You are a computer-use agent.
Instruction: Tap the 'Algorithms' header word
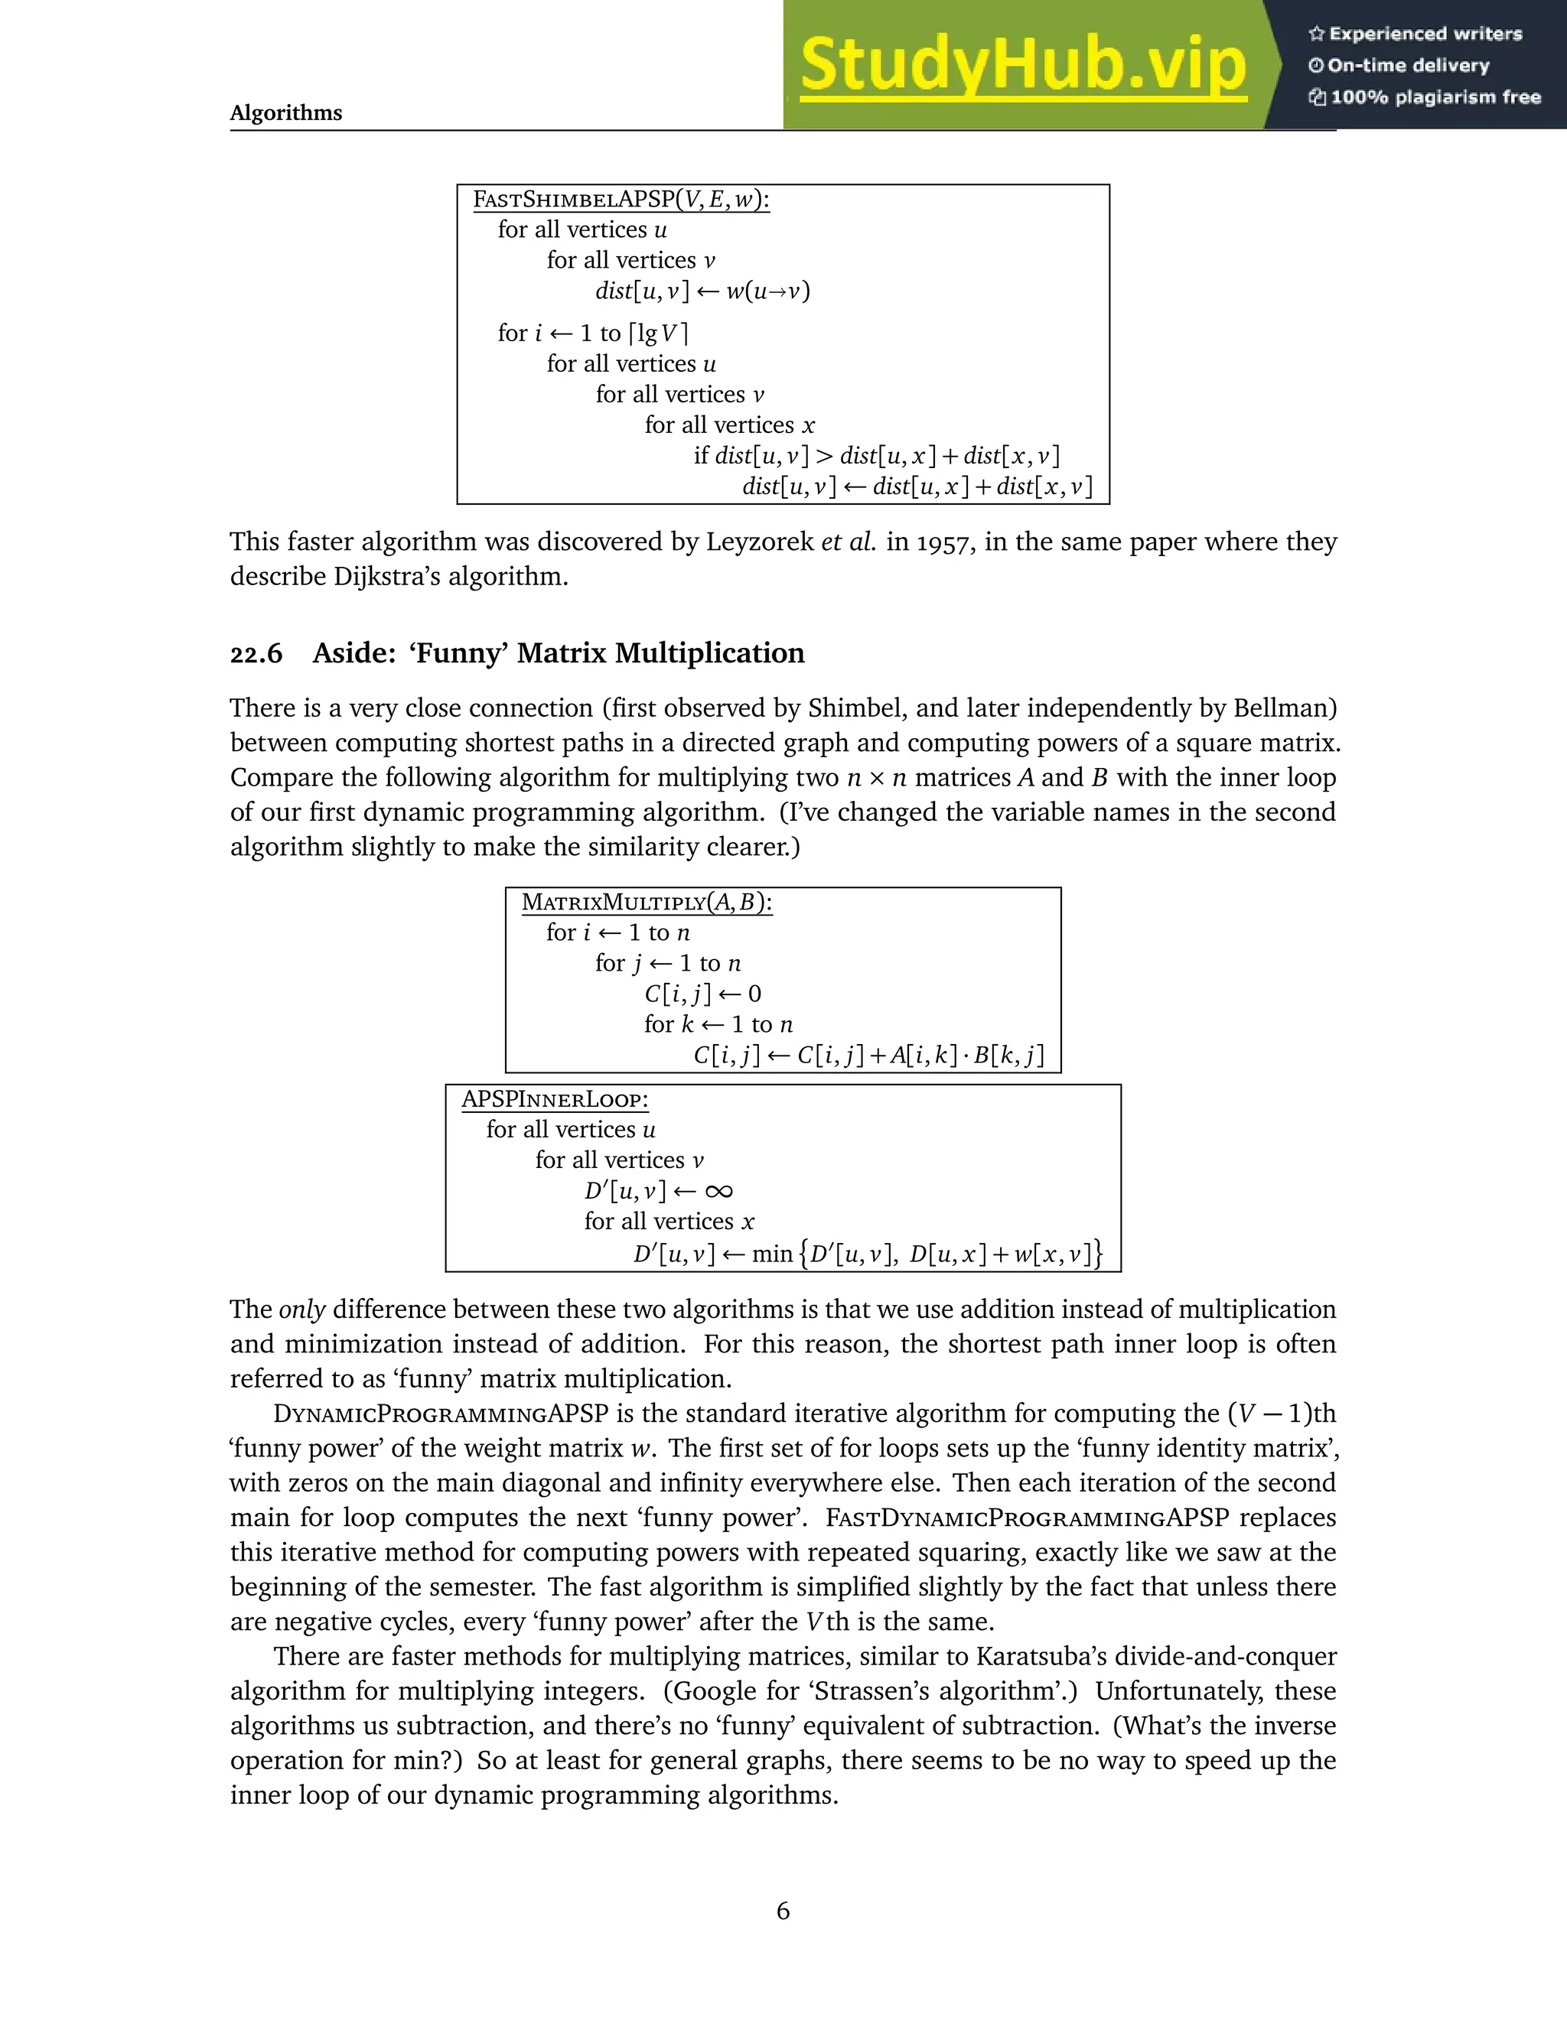[286, 113]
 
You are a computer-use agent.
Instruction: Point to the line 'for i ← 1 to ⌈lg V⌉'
[592, 333]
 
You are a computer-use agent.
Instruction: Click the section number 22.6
[256, 654]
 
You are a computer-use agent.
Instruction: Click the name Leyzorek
[759, 542]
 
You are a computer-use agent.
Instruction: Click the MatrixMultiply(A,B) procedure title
[647, 902]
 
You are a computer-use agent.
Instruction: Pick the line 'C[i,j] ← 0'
[702, 994]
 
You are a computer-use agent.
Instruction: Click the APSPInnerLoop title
[555, 1100]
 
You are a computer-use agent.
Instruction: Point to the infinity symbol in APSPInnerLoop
[718, 1191]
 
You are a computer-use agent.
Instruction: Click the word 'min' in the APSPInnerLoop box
[771, 1254]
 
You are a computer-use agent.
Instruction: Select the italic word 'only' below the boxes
[301, 1310]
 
